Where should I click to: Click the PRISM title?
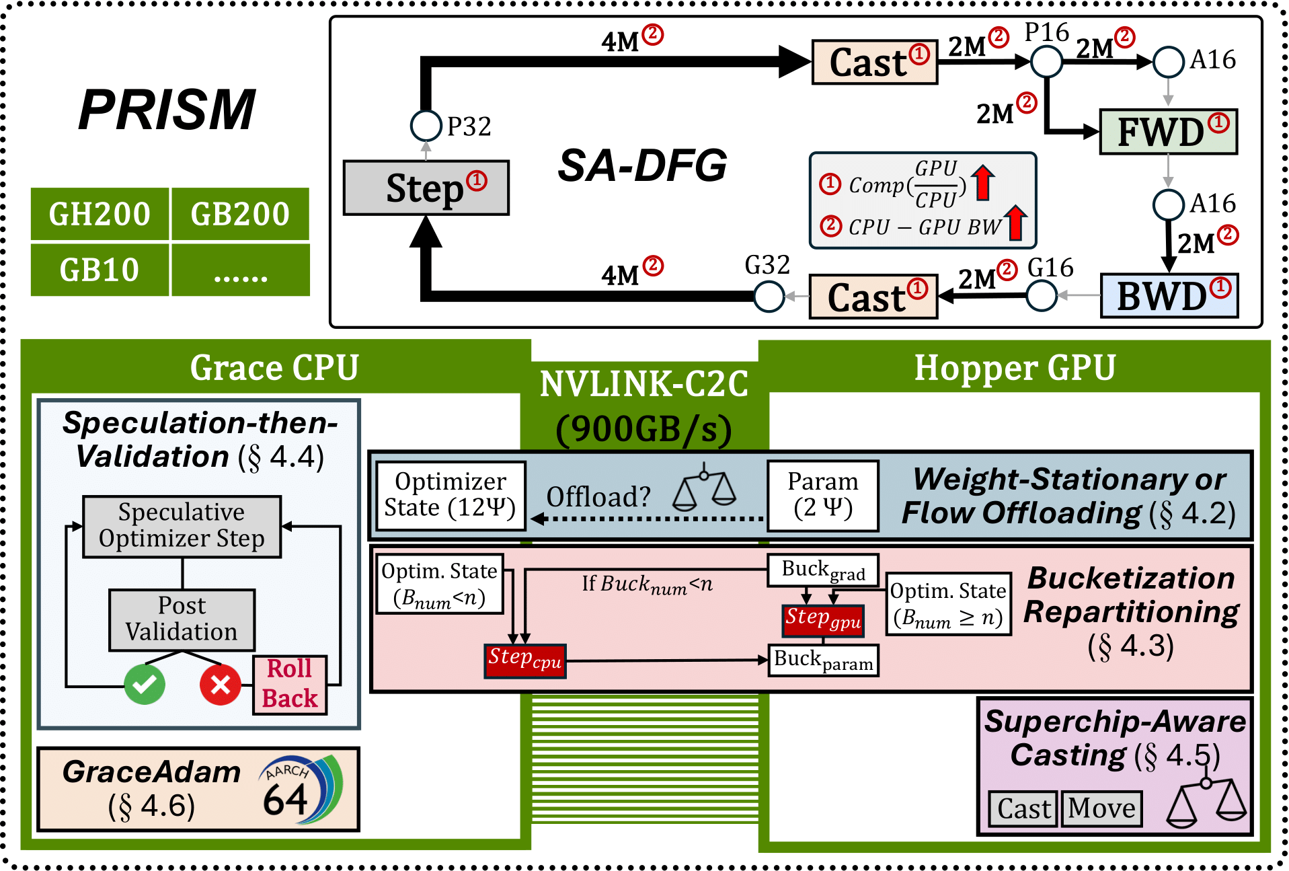point(167,110)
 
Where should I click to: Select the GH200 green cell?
point(100,214)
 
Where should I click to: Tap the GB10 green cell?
point(100,270)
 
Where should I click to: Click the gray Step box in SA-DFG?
point(426,188)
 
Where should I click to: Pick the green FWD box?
point(1168,132)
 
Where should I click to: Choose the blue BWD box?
point(1169,296)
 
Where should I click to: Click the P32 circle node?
point(426,125)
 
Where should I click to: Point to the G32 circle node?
point(769,296)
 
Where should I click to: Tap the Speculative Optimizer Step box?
point(182,526)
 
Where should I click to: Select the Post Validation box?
point(182,619)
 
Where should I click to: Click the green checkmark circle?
point(145,685)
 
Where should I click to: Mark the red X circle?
point(221,685)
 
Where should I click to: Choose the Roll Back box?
point(290,684)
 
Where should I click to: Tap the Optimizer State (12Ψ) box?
point(450,495)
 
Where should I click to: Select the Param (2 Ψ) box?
point(823,495)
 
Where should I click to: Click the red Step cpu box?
point(525,660)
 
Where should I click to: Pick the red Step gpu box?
point(823,619)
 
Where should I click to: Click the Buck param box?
point(823,660)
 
